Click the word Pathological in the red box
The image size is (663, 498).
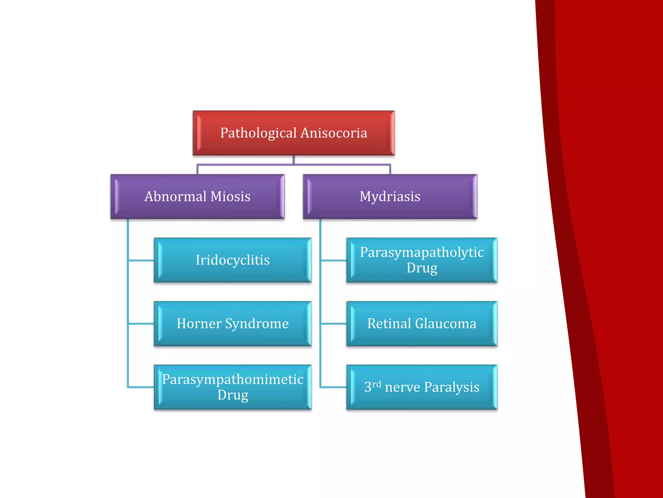coord(258,133)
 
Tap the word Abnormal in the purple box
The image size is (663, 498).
coord(175,196)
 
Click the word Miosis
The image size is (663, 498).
coord(230,196)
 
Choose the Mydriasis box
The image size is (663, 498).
coord(390,196)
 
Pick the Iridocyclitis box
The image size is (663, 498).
coord(232,260)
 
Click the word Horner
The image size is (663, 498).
coord(199,324)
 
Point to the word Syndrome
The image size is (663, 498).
coord(257,324)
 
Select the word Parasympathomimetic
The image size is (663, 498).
coord(232,379)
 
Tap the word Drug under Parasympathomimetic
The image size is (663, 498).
coord(232,395)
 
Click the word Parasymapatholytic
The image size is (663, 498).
coord(421,252)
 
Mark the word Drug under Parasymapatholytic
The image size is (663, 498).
coord(421,268)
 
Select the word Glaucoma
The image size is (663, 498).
coord(446,324)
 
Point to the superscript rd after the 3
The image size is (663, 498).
coord(376,384)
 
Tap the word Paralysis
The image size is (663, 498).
coord(452,387)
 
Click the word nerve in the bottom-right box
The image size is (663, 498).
coord(402,387)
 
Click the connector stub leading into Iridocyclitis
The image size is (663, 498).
coord(141,260)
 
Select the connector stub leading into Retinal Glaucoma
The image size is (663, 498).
coord(333,324)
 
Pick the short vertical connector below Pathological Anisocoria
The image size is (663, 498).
coord(294,160)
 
